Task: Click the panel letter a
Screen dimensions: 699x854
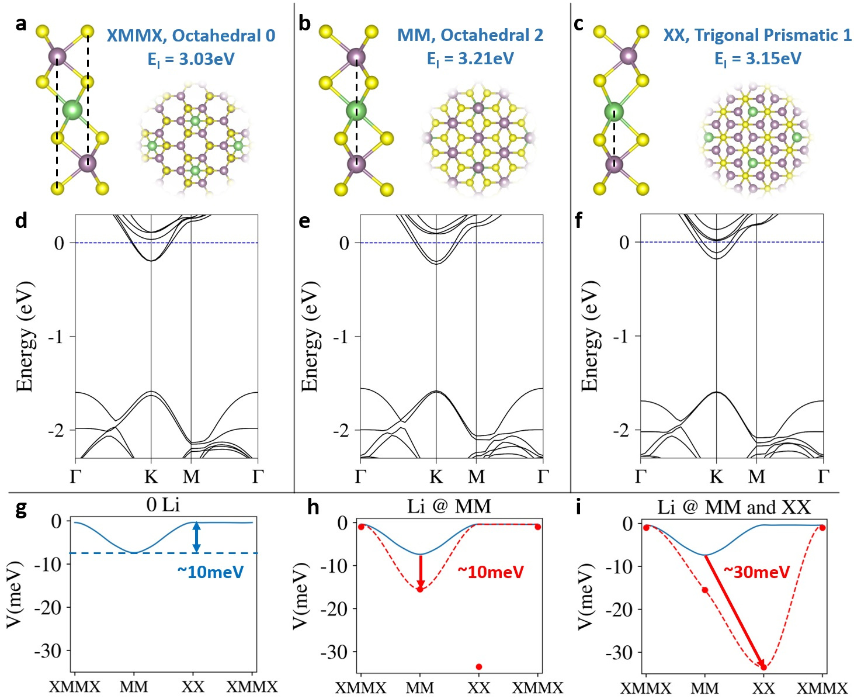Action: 21,24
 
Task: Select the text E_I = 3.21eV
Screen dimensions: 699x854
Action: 470,59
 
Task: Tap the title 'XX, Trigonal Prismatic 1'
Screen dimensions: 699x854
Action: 757,35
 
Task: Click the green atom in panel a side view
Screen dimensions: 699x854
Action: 72,109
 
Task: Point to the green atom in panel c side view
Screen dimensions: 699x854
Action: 613,111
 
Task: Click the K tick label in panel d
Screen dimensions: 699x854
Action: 151,477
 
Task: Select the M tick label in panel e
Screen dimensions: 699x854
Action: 477,477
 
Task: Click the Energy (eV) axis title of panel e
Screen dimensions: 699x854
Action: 310,336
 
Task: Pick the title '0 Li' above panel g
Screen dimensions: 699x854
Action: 163,504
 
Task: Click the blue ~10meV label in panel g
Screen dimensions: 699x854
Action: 210,572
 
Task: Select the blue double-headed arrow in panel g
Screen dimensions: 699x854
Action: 197,537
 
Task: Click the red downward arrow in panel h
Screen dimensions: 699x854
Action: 421,572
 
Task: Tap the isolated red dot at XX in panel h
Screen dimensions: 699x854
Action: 479,667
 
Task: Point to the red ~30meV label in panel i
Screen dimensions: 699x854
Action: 756,572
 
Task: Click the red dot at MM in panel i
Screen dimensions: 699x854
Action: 705,590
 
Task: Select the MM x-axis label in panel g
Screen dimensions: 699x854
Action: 134,687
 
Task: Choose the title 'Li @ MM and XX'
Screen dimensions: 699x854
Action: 734,507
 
